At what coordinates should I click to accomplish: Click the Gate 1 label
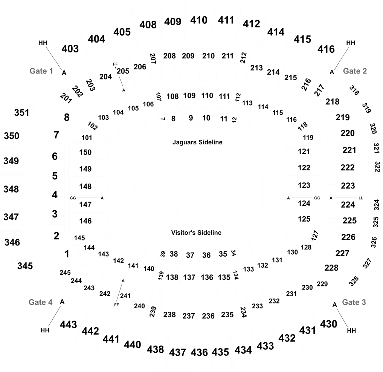coord(41,71)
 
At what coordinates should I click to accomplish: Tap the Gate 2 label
coord(355,71)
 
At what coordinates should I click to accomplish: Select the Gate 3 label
coord(354,302)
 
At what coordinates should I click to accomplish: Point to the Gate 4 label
coord(41,302)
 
